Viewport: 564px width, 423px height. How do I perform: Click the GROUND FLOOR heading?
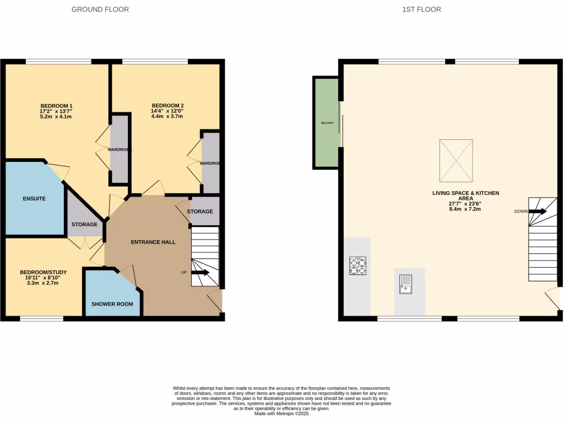coord(100,9)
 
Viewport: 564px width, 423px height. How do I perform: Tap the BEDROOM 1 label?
coord(57,106)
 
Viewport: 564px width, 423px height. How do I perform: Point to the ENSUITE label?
coord(34,198)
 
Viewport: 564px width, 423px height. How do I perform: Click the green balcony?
coord(326,122)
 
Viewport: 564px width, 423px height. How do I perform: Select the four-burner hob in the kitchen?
coord(357,266)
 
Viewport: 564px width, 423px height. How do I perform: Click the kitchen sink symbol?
coord(406,283)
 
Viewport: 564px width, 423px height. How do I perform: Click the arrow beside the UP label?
coord(200,272)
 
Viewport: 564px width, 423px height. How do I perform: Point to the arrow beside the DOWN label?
coord(538,211)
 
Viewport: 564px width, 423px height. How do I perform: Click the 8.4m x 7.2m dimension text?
coord(465,210)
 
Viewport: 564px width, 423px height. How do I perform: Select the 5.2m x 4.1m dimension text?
coord(57,117)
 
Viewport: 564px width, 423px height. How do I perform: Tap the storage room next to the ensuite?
coord(84,220)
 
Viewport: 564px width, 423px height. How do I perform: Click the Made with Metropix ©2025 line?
coord(281,414)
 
